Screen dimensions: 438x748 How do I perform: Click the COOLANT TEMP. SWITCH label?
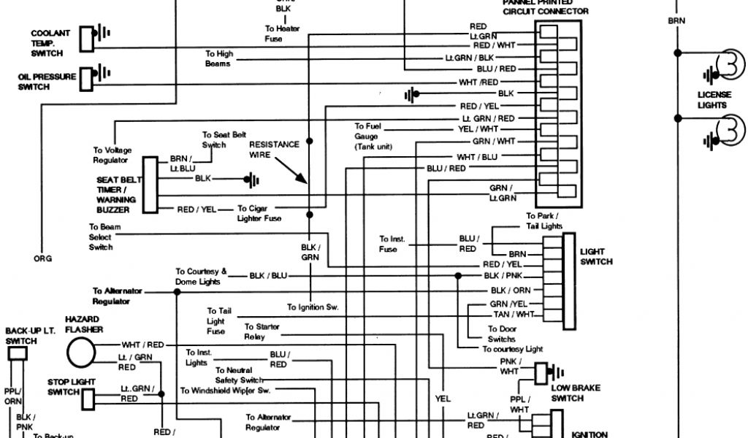pyautogui.click(x=50, y=43)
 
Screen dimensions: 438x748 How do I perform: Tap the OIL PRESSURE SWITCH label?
pyautogui.click(x=47, y=81)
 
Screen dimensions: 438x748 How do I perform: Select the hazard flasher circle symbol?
pyautogui.click(x=82, y=352)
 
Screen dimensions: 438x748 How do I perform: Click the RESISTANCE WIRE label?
pyautogui.click(x=274, y=150)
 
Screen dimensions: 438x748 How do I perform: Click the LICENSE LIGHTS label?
pyautogui.click(x=712, y=99)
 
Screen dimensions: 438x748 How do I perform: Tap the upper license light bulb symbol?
pyautogui.click(x=727, y=65)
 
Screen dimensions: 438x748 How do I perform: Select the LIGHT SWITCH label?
pyautogui.click(x=596, y=256)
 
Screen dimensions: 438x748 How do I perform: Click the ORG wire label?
pyautogui.click(x=43, y=258)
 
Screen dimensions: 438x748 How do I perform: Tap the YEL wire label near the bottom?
pyautogui.click(x=443, y=399)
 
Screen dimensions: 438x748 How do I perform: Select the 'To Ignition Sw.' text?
pyautogui.click(x=313, y=307)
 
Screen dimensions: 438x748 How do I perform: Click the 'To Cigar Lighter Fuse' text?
pyautogui.click(x=259, y=213)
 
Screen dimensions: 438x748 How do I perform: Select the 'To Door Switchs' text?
pyautogui.click(x=501, y=334)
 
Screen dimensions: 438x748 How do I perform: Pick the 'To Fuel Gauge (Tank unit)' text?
pyautogui.click(x=373, y=137)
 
